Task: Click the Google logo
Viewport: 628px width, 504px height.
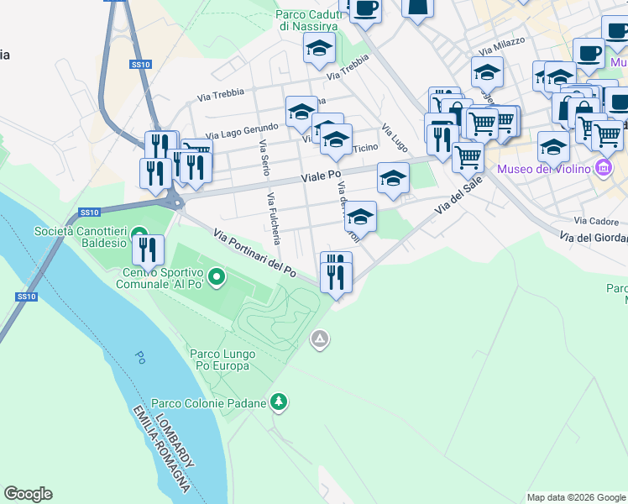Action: click(28, 494)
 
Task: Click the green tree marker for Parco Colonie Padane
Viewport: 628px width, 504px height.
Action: click(280, 403)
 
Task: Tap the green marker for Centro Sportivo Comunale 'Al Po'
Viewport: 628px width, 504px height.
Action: click(217, 276)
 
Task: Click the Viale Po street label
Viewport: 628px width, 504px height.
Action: click(323, 177)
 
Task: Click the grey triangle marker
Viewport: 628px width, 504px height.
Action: click(319, 340)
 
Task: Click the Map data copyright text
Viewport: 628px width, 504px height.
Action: click(576, 497)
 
